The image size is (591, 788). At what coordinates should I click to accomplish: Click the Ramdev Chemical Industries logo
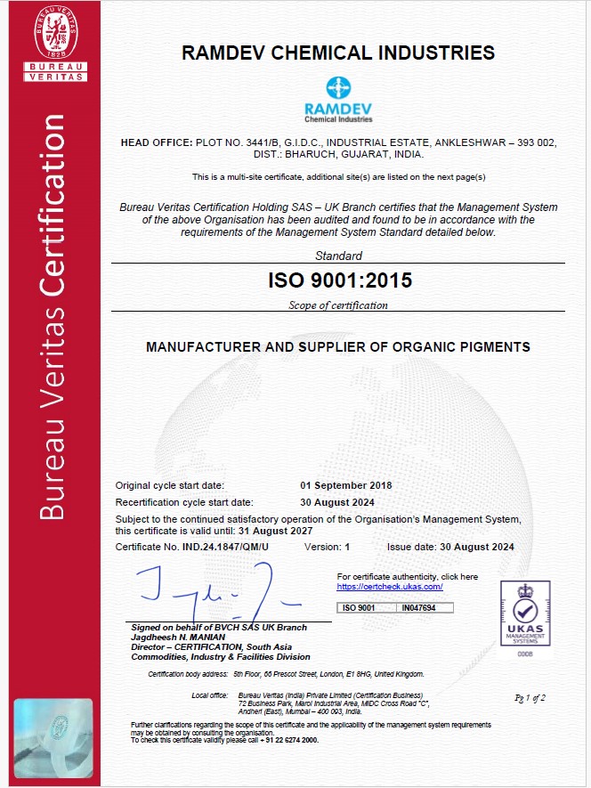pyautogui.click(x=338, y=99)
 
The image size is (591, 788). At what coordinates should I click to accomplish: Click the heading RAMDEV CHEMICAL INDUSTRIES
pyautogui.click(x=338, y=53)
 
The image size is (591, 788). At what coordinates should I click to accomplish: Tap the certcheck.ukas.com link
pyautogui.click(x=390, y=587)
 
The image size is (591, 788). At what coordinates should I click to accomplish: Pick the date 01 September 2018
pyautogui.click(x=346, y=485)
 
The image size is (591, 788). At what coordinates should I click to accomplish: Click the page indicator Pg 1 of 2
pyautogui.click(x=530, y=697)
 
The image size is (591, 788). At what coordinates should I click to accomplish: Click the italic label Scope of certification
pyautogui.click(x=338, y=305)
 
